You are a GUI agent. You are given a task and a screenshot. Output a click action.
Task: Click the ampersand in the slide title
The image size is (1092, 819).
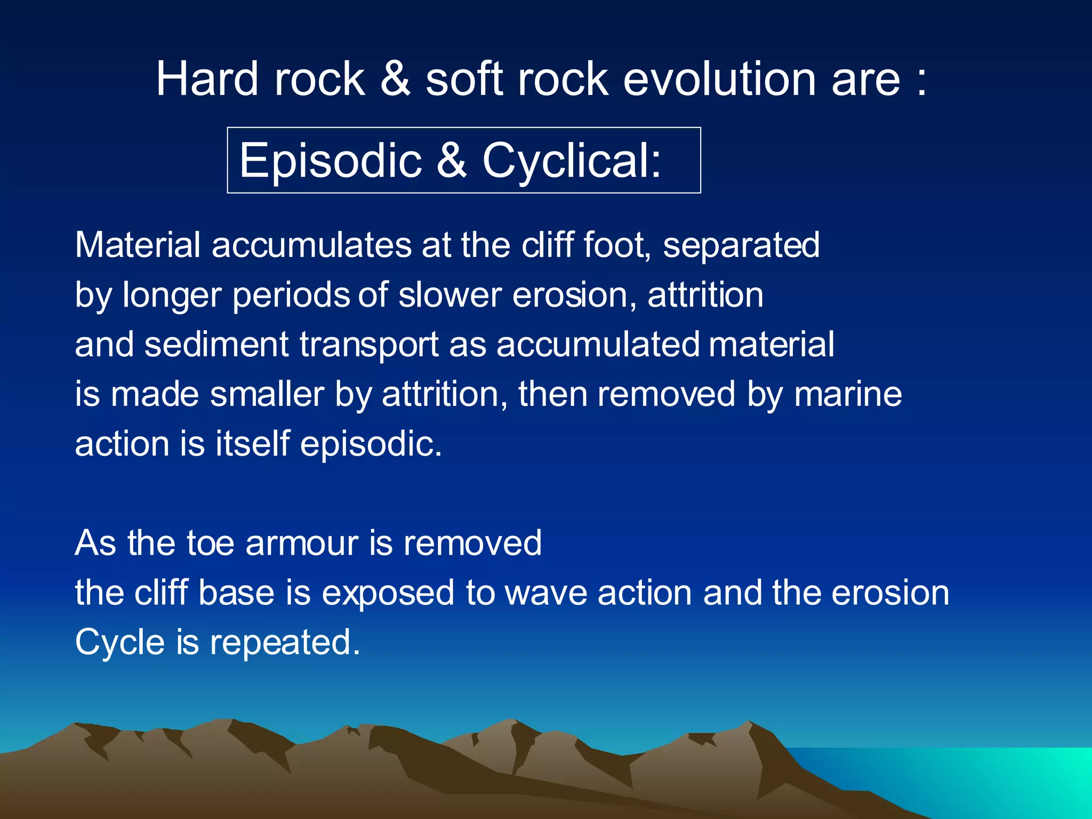click(395, 79)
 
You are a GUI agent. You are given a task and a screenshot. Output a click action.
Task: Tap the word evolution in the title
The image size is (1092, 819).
click(719, 79)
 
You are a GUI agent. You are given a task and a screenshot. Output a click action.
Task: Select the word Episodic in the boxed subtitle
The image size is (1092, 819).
click(330, 160)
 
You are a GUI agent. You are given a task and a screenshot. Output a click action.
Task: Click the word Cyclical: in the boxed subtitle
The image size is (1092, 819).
click(572, 160)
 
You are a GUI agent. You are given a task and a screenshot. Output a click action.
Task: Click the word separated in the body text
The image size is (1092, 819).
click(741, 246)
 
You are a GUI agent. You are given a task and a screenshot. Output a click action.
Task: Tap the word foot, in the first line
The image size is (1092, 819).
click(617, 245)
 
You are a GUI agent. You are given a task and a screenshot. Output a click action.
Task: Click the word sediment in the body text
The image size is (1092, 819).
click(216, 344)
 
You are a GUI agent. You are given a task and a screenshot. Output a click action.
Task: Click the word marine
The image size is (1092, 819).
click(848, 395)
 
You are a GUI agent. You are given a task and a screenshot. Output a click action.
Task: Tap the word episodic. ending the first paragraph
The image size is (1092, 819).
click(371, 445)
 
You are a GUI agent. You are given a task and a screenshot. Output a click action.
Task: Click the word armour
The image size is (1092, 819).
click(302, 543)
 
